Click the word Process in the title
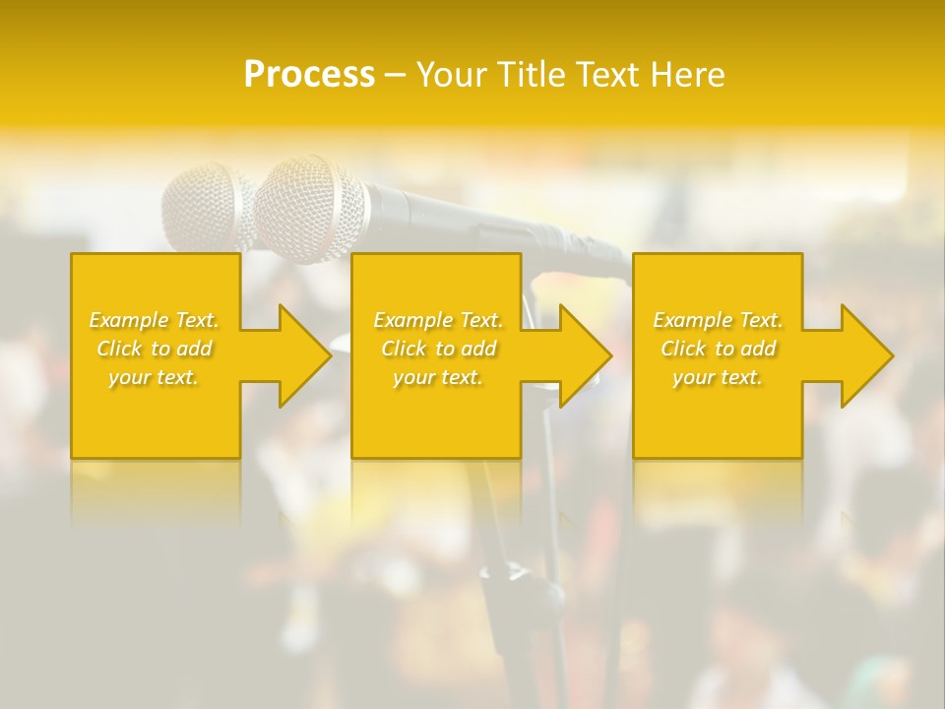(309, 75)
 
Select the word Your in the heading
(452, 75)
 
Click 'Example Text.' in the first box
(154, 320)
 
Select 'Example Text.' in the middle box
(437, 320)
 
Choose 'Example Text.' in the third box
(718, 320)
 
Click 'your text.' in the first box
(154, 377)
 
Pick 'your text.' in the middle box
(437, 377)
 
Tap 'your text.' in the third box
(718, 377)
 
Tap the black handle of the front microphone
(472, 217)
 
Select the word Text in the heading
(602, 75)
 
